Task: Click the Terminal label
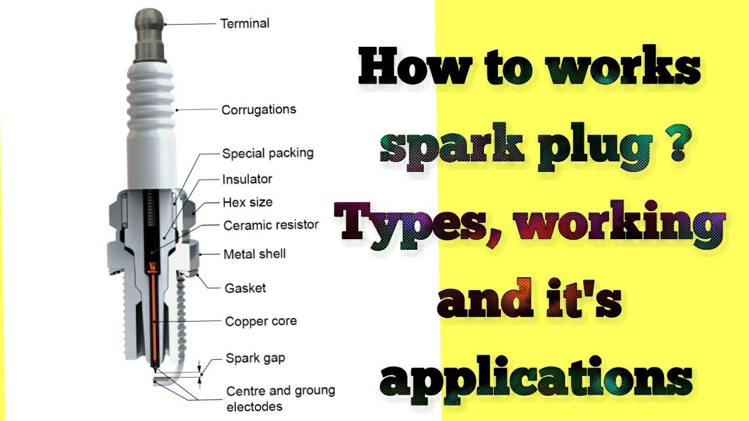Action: tap(245, 24)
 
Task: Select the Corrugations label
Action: tap(259, 109)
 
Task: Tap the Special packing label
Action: tap(267, 154)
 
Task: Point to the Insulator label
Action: tap(247, 179)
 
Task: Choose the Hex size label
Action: tap(247, 203)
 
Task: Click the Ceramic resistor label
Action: tap(271, 225)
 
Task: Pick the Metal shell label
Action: tap(255, 254)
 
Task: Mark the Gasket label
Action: tap(245, 288)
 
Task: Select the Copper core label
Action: tap(260, 321)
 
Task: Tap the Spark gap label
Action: tap(255, 358)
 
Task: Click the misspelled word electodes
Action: tap(255, 406)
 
